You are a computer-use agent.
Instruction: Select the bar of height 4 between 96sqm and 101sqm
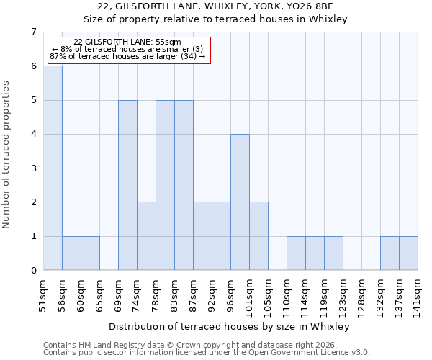tap(240, 202)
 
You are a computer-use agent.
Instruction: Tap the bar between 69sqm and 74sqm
tap(127, 185)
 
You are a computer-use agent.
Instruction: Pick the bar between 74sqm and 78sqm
tap(146, 236)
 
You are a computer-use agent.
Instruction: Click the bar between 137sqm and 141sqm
tap(408, 253)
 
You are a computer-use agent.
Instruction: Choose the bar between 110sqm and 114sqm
tap(296, 253)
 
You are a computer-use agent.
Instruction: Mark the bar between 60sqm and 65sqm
tap(90, 253)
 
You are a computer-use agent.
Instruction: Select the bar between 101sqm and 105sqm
tap(258, 236)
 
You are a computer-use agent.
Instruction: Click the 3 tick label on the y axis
tap(33, 168)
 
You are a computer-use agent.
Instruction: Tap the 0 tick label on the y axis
tap(33, 271)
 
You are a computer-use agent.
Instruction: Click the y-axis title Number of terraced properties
tap(7, 154)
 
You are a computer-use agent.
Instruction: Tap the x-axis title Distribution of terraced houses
tap(230, 326)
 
